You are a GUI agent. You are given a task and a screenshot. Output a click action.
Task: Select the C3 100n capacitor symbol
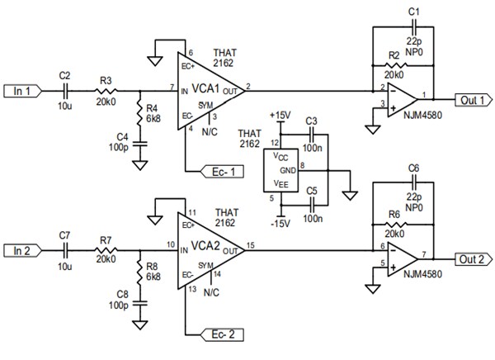pyautogui.click(x=310, y=135)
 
